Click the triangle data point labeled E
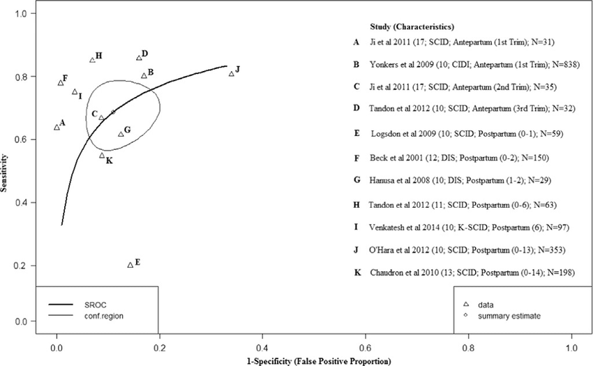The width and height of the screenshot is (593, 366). pos(130,265)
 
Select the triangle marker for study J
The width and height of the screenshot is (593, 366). pos(232,73)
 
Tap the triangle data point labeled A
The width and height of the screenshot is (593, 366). pos(57,127)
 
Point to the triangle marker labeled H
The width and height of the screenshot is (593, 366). pos(92,60)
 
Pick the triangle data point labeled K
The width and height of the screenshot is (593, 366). pos(102,155)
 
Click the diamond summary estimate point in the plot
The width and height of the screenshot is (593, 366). pos(113,112)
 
